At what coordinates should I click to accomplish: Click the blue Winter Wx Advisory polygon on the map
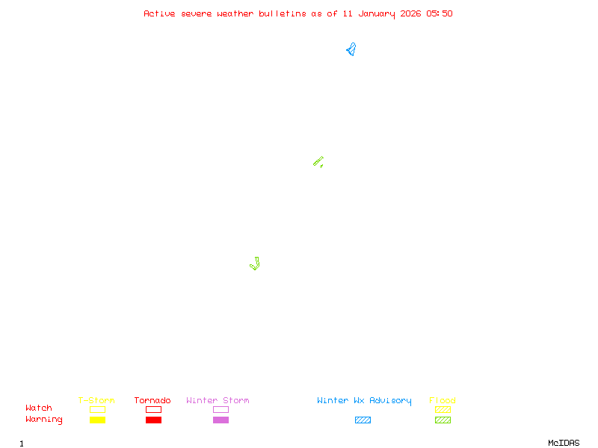pyautogui.click(x=351, y=51)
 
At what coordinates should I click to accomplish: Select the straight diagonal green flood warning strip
pyautogui.click(x=318, y=161)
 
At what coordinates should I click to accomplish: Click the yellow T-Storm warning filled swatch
pyautogui.click(x=97, y=420)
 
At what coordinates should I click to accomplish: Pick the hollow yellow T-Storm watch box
pyautogui.click(x=97, y=409)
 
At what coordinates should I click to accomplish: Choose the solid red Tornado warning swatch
pyautogui.click(x=153, y=420)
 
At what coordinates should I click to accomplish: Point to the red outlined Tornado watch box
pyautogui.click(x=153, y=409)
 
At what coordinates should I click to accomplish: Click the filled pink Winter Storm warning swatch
pyautogui.click(x=221, y=420)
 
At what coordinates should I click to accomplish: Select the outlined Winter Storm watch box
pyautogui.click(x=221, y=409)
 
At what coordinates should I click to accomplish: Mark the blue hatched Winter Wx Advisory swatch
pyautogui.click(x=363, y=420)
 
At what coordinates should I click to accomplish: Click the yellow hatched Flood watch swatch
pyautogui.click(x=443, y=409)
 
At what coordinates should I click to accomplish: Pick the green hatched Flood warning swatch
pyautogui.click(x=443, y=420)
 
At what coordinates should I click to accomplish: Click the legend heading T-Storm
pyautogui.click(x=96, y=401)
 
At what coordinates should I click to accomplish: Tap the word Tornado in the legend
pyautogui.click(x=152, y=401)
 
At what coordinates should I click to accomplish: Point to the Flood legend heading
pyautogui.click(x=443, y=401)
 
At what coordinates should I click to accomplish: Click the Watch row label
pyautogui.click(x=39, y=408)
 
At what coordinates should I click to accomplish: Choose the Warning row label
pyautogui.click(x=44, y=420)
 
